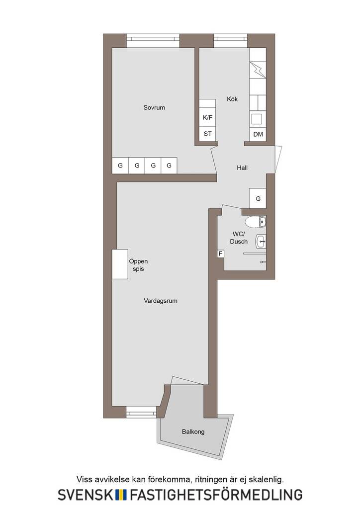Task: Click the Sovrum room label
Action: (154, 107)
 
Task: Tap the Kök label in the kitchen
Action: (232, 99)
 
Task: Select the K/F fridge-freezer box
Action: (207, 117)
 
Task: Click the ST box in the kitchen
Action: (207, 134)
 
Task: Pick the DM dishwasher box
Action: (258, 134)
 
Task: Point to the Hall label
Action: (242, 168)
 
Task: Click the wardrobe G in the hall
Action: (258, 198)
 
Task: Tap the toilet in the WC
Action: (256, 222)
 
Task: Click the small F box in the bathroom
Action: (221, 254)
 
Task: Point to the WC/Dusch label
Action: (239, 238)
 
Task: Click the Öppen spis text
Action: (138, 265)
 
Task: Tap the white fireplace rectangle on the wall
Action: (120, 264)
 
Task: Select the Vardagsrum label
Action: (161, 301)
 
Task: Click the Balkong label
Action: (193, 432)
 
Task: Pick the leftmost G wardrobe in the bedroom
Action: (120, 165)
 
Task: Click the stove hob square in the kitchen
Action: (257, 119)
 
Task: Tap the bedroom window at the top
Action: (153, 38)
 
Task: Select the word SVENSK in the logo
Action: (86, 495)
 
